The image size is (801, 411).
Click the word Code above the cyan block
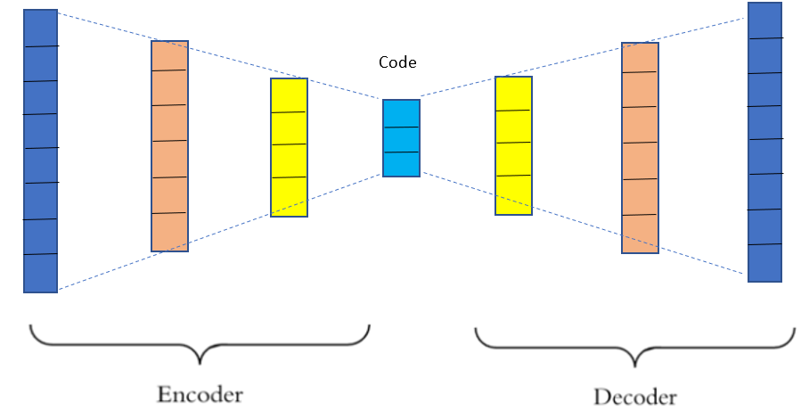[x=397, y=63]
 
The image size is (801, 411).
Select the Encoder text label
[x=200, y=394]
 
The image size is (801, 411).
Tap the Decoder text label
[x=635, y=397]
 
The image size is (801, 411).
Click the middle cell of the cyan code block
[x=401, y=140]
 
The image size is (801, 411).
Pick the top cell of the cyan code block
[x=401, y=114]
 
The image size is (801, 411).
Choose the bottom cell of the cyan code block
[x=401, y=165]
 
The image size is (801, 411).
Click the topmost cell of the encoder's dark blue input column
[x=41, y=29]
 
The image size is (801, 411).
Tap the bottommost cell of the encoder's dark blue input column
[x=41, y=273]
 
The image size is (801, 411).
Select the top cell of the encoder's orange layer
[x=169, y=56]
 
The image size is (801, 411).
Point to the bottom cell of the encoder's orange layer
[x=169, y=232]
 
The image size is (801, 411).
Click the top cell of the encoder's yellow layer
[x=289, y=95]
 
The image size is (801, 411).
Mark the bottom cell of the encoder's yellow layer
[x=289, y=197]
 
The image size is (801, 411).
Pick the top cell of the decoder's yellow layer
[x=513, y=94]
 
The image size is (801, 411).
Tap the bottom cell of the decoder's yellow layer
[x=513, y=195]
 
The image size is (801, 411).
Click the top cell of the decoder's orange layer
[x=640, y=58]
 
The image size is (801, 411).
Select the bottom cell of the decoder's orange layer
[x=640, y=234]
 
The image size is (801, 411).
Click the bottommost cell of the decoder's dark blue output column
[x=765, y=263]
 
